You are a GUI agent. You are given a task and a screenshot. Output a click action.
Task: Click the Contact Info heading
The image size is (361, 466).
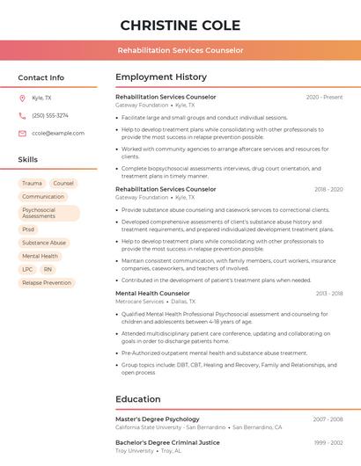(41, 77)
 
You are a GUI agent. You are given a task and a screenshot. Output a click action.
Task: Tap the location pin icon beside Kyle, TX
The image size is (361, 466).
(23, 98)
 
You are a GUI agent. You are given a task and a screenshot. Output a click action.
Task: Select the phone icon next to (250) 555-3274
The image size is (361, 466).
(23, 115)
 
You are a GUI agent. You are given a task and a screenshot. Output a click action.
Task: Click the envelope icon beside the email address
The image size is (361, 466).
(23, 134)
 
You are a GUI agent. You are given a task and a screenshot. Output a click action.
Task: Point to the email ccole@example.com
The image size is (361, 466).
(58, 134)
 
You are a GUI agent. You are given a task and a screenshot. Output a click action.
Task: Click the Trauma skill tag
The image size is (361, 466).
(32, 183)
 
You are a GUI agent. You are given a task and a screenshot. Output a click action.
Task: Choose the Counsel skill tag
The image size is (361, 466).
(63, 183)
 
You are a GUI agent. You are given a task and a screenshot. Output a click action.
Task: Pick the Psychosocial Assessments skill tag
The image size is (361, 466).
(48, 213)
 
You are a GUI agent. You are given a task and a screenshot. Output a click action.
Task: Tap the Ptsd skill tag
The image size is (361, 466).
(29, 229)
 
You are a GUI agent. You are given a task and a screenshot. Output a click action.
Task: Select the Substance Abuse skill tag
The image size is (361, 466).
(44, 243)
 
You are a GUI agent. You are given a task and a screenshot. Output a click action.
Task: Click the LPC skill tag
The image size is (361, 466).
(27, 269)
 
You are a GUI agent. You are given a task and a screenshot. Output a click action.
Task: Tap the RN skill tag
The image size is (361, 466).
(48, 269)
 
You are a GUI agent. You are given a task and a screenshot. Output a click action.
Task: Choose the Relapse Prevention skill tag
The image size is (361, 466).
(47, 283)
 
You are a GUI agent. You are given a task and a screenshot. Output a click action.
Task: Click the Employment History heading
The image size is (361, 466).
(161, 77)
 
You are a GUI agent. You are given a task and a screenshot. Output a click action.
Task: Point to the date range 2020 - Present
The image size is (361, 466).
(324, 97)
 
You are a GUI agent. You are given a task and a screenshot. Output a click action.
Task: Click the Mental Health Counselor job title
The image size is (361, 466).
(152, 293)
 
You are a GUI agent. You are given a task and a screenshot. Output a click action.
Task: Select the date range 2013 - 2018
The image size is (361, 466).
(328, 293)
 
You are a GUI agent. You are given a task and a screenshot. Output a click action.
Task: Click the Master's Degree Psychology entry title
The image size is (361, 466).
(158, 419)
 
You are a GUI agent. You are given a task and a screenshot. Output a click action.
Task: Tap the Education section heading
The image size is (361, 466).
(137, 399)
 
